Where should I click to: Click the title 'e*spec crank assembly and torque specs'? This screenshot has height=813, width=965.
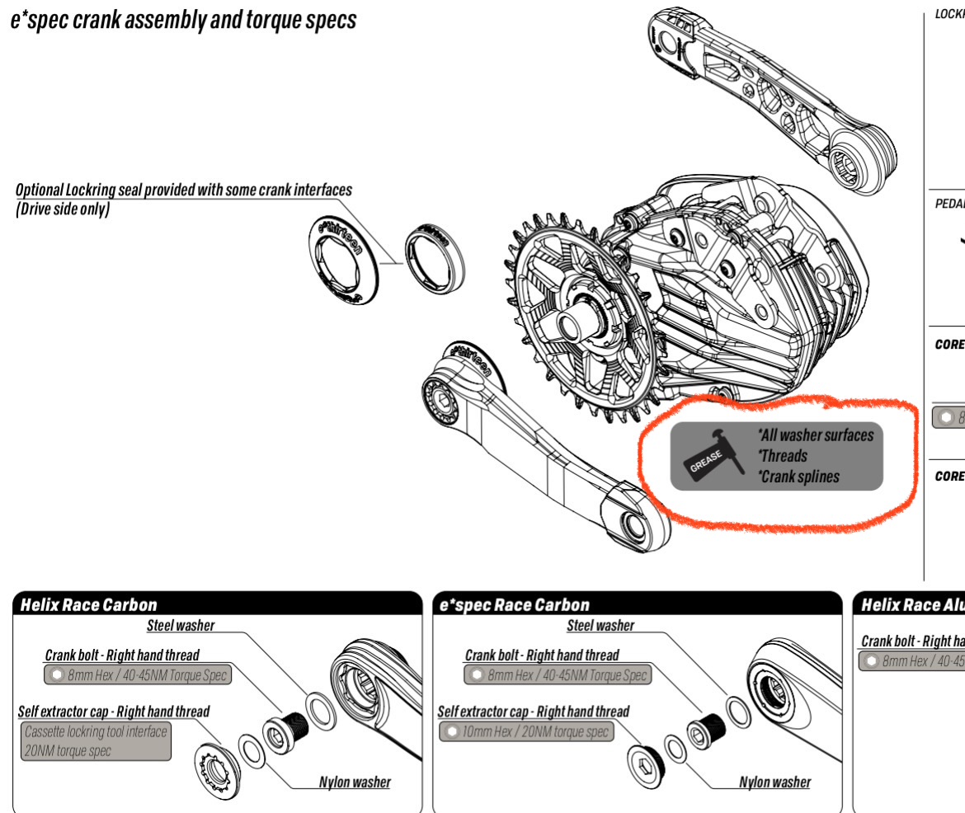click(183, 21)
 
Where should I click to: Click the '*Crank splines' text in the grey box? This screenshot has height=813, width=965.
click(800, 477)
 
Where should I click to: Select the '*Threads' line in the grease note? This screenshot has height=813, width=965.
click(783, 456)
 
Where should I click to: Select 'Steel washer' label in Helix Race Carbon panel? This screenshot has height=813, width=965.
click(181, 626)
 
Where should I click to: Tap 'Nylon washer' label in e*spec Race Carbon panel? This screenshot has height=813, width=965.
click(774, 782)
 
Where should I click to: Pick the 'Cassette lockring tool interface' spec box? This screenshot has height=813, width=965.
click(96, 740)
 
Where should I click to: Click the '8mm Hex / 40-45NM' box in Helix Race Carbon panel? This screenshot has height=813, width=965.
click(138, 675)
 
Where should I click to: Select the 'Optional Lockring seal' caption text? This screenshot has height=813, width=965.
click(183, 190)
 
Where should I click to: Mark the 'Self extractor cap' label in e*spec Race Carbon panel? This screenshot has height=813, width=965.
click(533, 712)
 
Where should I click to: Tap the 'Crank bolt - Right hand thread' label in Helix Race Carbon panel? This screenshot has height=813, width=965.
click(122, 656)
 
